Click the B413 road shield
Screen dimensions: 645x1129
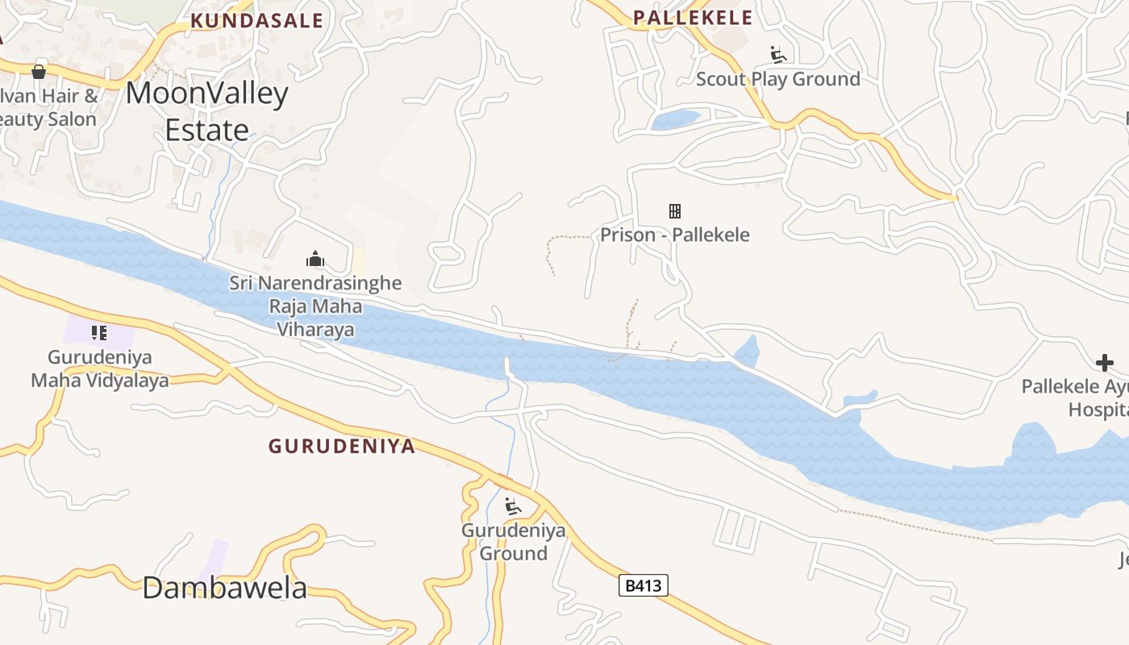[644, 585]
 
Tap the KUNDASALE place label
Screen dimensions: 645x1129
[256, 21]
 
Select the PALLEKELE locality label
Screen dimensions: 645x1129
[693, 18]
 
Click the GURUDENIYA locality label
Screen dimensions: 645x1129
[342, 446]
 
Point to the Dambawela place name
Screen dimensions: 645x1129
[225, 588]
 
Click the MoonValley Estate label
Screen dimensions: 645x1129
[207, 111]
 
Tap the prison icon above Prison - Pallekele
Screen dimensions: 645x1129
[675, 211]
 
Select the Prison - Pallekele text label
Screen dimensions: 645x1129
[675, 235]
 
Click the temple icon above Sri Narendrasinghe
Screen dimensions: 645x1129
[315, 259]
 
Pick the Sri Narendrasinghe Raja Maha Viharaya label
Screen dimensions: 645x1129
[315, 306]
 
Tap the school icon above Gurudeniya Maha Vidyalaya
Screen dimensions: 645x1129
[99, 332]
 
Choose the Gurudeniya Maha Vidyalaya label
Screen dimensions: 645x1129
[100, 368]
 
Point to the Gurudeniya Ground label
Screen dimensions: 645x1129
[513, 542]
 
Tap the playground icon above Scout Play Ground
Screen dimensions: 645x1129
[778, 55]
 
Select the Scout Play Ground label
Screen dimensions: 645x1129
[778, 79]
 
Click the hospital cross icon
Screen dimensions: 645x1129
[1105, 363]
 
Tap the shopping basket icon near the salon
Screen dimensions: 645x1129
[39, 72]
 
